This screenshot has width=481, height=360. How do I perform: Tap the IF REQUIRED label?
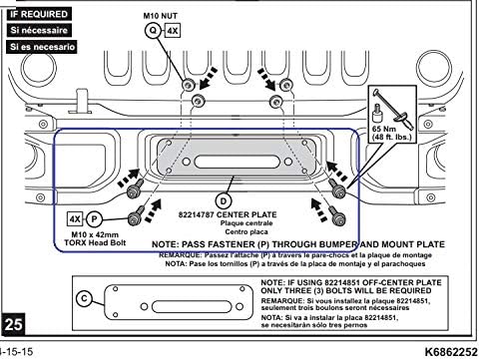coord(39,15)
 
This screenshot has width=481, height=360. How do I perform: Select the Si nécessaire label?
coord(37,31)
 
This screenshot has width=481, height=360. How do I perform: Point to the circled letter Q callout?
coord(154,31)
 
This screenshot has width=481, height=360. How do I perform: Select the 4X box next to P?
coord(75,217)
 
